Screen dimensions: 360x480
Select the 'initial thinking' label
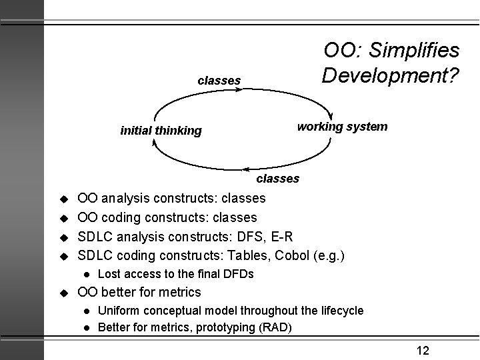(161, 131)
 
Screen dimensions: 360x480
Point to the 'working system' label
(342, 126)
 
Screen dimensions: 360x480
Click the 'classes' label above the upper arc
(219, 81)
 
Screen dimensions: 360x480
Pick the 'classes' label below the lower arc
(279, 179)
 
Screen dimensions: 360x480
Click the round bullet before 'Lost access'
(86, 274)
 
